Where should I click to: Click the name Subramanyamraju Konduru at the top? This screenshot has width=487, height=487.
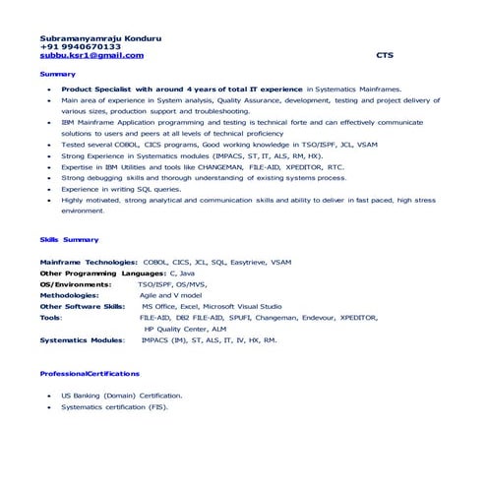click(x=100, y=37)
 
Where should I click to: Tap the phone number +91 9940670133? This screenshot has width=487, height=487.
click(x=80, y=46)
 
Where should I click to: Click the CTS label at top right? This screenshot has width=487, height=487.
click(x=384, y=55)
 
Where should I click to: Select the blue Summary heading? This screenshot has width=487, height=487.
click(x=57, y=74)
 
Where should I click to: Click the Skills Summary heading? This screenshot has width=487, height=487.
click(x=69, y=240)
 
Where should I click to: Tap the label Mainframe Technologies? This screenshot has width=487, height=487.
click(x=89, y=263)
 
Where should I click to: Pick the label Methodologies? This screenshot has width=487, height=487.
click(x=69, y=294)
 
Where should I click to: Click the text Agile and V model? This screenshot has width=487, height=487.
click(x=170, y=294)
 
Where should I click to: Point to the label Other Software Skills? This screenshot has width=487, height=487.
click(x=83, y=306)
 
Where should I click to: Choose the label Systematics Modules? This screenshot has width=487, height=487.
click(x=82, y=339)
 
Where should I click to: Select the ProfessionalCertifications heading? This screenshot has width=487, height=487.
click(x=90, y=374)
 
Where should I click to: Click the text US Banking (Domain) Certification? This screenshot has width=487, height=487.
click(x=121, y=396)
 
